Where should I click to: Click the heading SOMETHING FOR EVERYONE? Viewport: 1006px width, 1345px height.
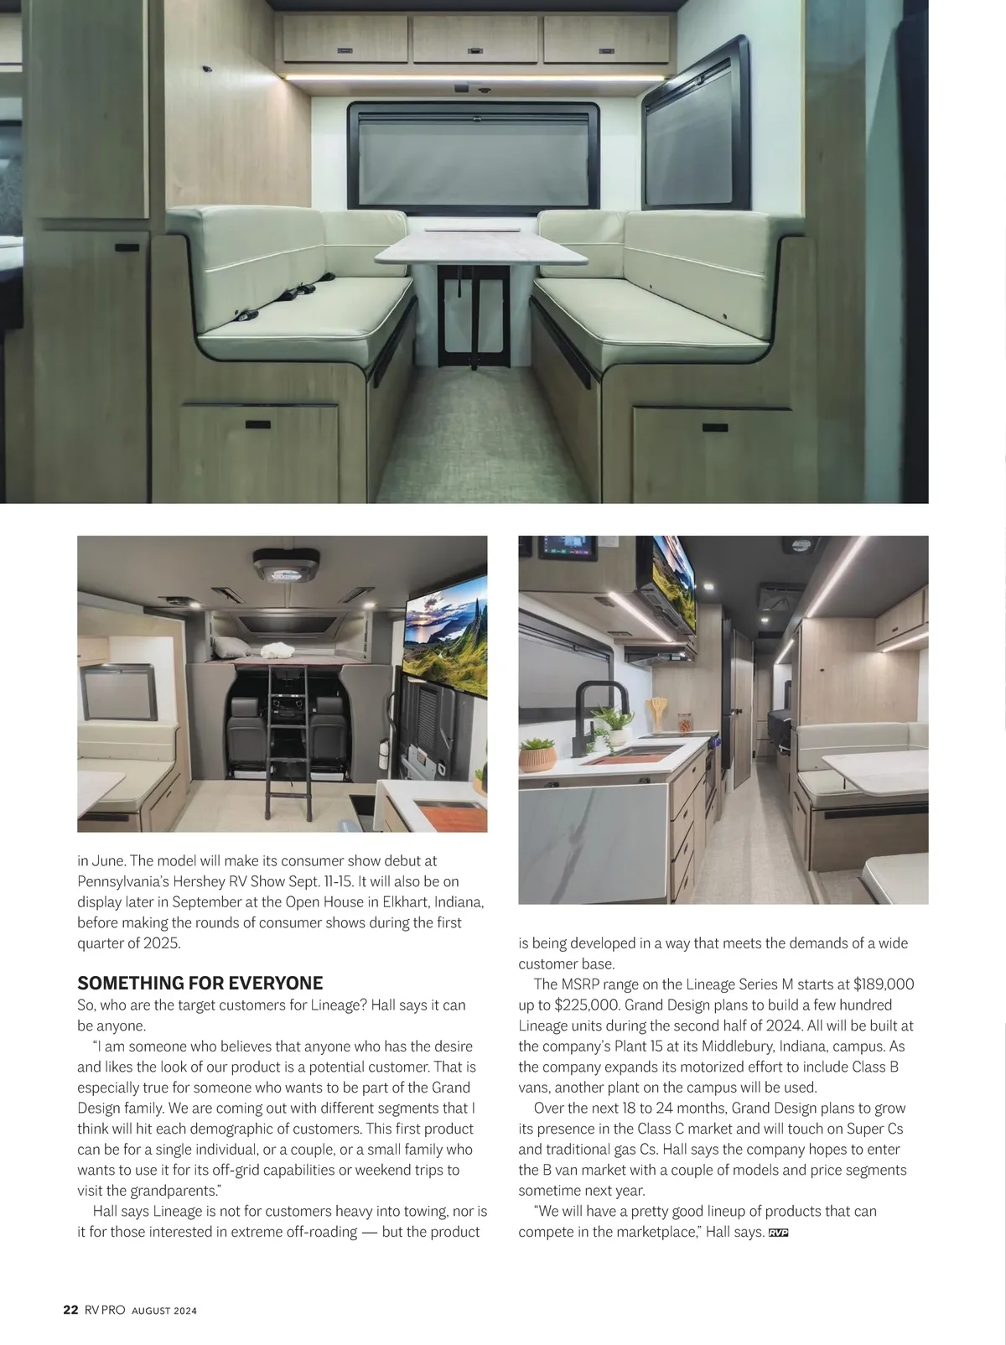pos(200,984)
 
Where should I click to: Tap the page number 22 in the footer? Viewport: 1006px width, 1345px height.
pos(70,1310)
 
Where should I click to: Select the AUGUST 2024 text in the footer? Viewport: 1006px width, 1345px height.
pos(164,1311)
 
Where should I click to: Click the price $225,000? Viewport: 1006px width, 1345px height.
pos(586,1005)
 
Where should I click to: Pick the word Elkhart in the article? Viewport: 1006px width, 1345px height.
pos(397,902)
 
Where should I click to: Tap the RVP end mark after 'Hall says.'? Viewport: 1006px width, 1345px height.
pos(779,1233)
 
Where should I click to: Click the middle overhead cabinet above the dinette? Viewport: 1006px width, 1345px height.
pos(474,40)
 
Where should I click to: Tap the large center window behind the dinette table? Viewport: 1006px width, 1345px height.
pos(474,156)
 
